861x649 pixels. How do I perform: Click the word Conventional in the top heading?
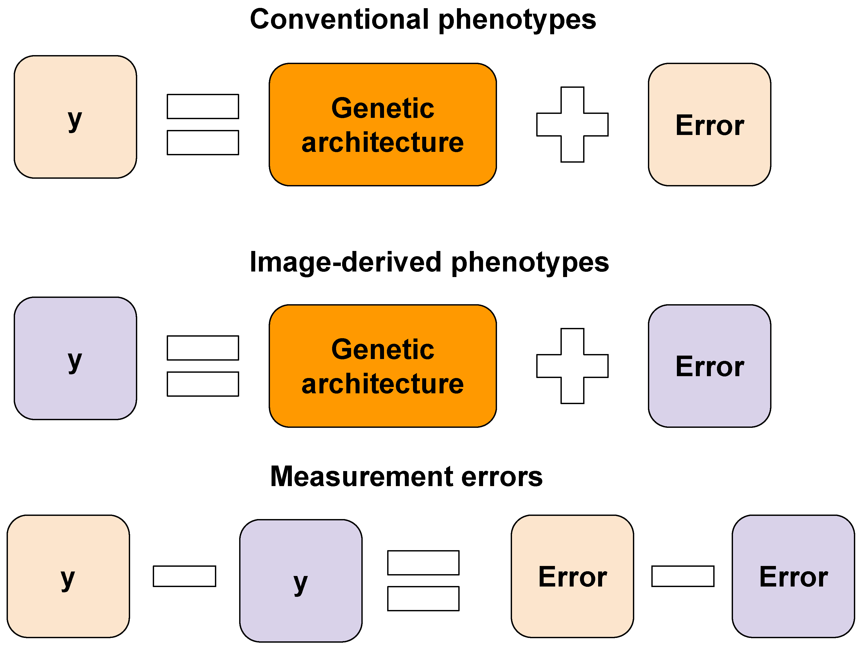click(339, 20)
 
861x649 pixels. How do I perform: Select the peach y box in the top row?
click(75, 117)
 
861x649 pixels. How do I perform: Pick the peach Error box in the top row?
click(709, 125)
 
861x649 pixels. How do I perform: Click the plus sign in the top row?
click(572, 125)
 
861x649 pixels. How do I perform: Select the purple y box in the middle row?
click(75, 359)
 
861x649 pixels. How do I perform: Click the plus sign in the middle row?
click(572, 366)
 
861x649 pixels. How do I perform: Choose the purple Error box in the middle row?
click(709, 366)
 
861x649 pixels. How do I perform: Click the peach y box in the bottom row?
click(68, 577)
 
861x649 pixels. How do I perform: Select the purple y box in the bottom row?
click(301, 581)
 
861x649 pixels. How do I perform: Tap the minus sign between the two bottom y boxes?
click(184, 576)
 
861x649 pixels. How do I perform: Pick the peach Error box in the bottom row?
click(572, 577)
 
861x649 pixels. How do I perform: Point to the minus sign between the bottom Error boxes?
click(683, 576)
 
